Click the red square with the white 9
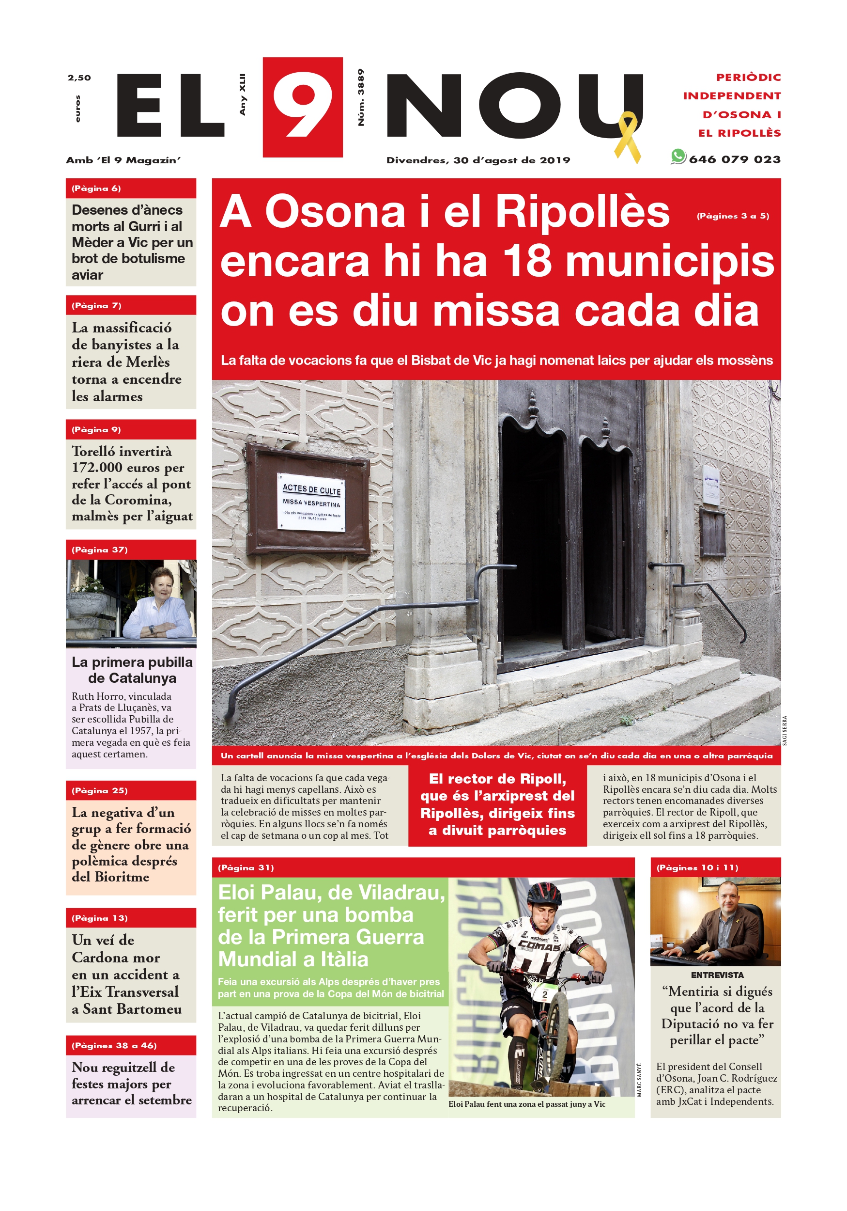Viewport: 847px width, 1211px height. (x=303, y=107)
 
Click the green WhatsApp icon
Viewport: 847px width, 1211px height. (x=678, y=157)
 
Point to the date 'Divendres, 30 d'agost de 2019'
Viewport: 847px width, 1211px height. (x=478, y=160)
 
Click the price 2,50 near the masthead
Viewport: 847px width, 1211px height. (x=79, y=78)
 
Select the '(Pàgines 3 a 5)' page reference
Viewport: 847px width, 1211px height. (x=733, y=216)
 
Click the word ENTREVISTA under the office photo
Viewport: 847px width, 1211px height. (x=717, y=975)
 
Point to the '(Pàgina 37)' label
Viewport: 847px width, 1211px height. (x=100, y=550)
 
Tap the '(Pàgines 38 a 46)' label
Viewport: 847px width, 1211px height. (x=114, y=1045)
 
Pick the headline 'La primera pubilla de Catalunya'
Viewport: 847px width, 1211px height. (x=132, y=670)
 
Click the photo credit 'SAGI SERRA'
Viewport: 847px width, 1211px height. (x=784, y=730)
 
